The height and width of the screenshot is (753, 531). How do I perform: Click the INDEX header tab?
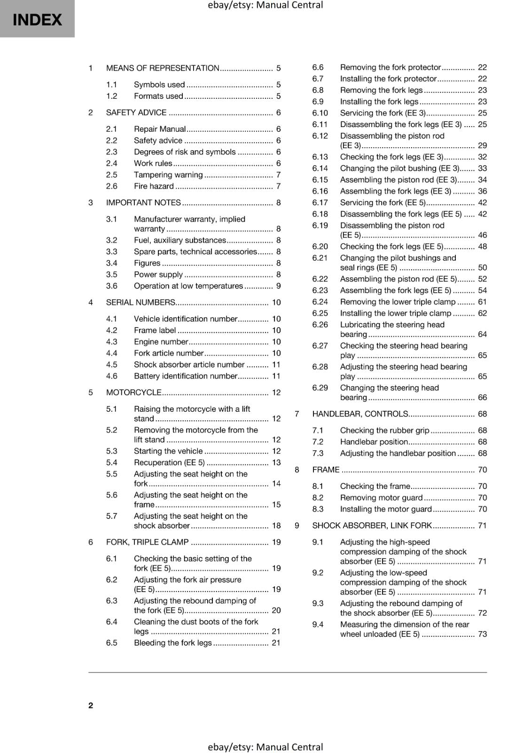(37, 19)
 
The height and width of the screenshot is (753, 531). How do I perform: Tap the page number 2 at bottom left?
(91, 705)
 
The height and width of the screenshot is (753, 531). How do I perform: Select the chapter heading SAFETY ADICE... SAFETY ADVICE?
(136, 112)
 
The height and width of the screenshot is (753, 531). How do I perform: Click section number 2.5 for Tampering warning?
(111, 175)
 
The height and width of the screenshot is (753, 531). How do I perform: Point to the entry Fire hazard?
(154, 186)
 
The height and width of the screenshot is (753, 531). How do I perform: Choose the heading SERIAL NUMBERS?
(141, 302)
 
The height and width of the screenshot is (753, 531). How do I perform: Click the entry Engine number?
(161, 342)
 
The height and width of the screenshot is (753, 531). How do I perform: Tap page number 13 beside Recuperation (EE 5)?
(276, 462)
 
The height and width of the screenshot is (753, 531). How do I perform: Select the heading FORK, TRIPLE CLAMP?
(147, 542)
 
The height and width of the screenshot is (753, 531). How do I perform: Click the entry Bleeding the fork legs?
(172, 642)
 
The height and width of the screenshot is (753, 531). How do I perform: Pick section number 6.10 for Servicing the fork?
(320, 113)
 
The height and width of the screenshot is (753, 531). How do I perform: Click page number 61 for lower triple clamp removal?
(482, 302)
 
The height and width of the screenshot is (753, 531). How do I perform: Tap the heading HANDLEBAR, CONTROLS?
(360, 414)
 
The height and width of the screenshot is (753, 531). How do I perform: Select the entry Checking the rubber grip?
(384, 430)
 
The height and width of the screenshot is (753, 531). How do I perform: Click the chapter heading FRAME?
(326, 470)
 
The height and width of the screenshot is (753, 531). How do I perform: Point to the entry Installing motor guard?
(385, 509)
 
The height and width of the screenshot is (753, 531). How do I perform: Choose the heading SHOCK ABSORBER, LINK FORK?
(372, 525)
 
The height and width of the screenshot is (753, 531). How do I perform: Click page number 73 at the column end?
(482, 634)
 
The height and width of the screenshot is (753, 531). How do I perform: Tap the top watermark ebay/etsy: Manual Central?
(265, 5)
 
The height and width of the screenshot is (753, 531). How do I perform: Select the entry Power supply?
(158, 274)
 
